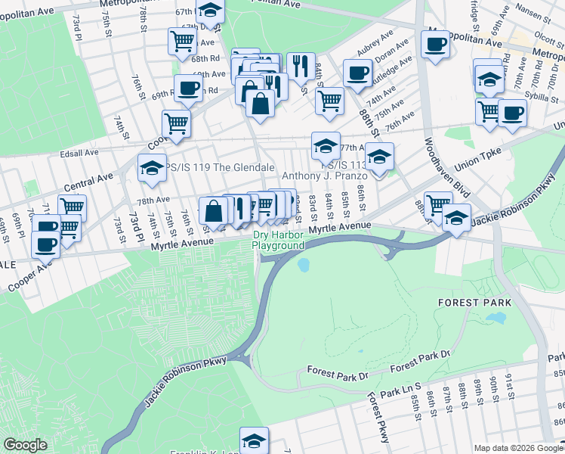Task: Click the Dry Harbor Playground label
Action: (x=278, y=240)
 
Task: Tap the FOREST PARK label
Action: (x=475, y=302)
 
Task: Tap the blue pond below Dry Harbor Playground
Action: (x=303, y=265)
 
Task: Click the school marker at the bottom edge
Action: (x=254, y=440)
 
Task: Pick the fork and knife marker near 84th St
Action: (x=301, y=67)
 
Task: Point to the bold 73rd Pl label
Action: (x=135, y=228)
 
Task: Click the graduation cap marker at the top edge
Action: (x=210, y=9)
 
